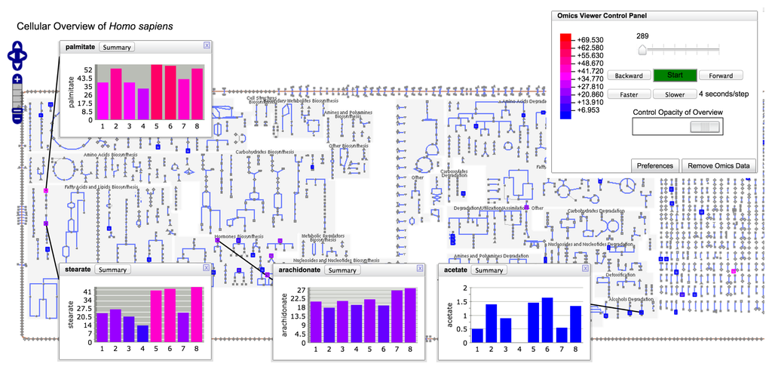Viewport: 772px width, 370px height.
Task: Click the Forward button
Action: tap(720, 76)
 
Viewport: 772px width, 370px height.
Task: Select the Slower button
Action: tap(674, 94)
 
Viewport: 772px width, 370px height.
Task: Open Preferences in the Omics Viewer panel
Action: tap(654, 165)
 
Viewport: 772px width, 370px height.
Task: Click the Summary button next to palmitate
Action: tap(116, 47)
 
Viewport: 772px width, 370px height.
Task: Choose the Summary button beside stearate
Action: tap(113, 270)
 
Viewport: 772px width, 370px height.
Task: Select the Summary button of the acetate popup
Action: tap(489, 270)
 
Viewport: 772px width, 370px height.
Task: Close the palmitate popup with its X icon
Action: tap(207, 45)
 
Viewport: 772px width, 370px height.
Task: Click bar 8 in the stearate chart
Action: tap(196, 314)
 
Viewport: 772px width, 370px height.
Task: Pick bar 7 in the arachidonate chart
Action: tap(397, 316)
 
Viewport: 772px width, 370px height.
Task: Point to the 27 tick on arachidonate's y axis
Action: tap(299, 291)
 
